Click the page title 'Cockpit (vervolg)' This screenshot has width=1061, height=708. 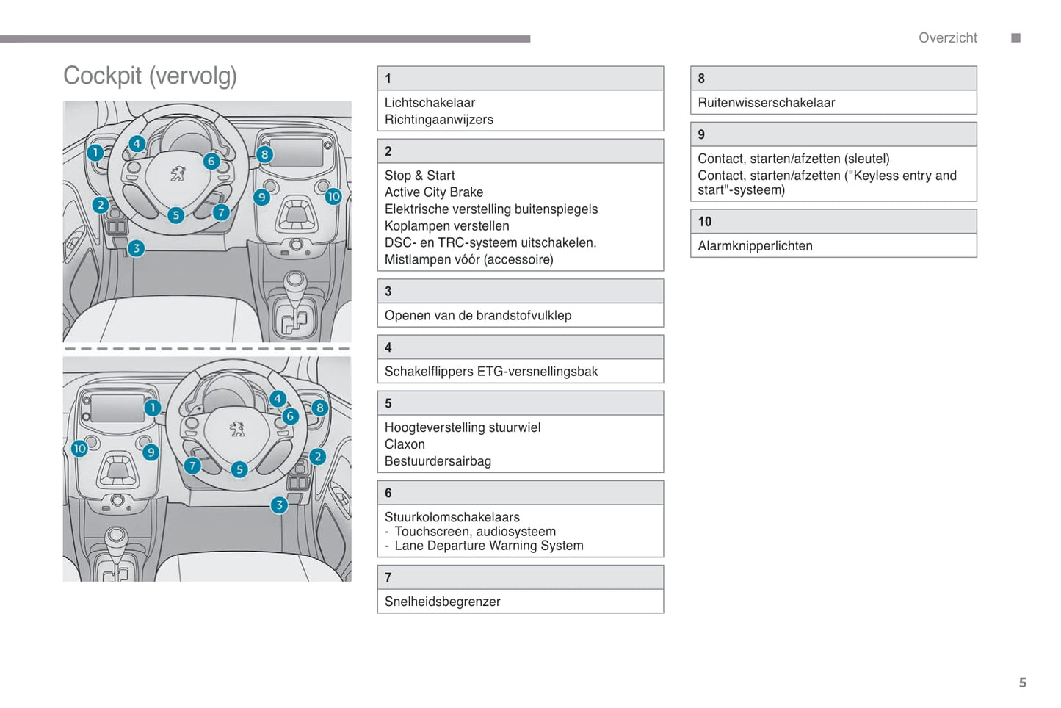click(150, 76)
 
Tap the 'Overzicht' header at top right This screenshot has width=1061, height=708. click(947, 38)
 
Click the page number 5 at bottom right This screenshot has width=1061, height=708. click(1022, 682)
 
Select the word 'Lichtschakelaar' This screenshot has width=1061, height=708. click(430, 103)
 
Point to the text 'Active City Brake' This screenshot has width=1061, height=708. click(434, 192)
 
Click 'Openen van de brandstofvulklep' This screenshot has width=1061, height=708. click(478, 316)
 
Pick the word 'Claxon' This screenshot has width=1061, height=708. click(405, 444)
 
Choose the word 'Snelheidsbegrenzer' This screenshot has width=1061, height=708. click(443, 602)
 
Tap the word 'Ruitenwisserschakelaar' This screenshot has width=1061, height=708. click(767, 103)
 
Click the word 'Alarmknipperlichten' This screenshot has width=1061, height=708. click(755, 246)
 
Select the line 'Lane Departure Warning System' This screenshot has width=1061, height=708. click(489, 546)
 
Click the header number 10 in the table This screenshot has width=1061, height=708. click(705, 222)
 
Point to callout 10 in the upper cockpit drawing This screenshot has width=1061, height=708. click(333, 196)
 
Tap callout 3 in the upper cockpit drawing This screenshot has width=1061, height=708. click(136, 248)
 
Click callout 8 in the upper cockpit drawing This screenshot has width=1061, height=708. click(264, 154)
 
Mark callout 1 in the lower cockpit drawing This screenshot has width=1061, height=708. click(152, 408)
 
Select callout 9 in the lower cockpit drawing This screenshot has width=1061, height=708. click(151, 452)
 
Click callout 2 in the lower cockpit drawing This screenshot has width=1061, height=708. click(317, 457)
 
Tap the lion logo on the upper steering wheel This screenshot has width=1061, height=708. click(178, 173)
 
